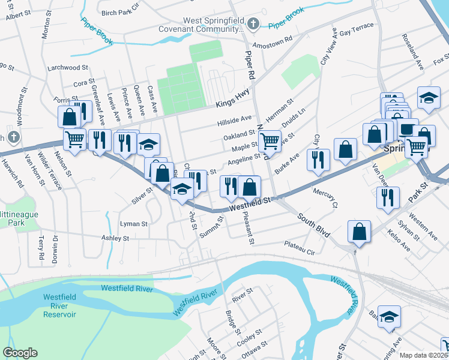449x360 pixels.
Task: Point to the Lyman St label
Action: pos(134,224)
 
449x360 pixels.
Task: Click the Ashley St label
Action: pos(115,238)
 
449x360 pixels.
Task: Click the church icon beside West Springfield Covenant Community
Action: pos(254,24)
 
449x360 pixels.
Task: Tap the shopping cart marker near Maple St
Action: pos(270,142)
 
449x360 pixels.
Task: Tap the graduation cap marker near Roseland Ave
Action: pos(429,98)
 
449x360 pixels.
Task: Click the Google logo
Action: pos(20,353)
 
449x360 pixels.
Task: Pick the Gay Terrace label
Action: pos(357,30)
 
